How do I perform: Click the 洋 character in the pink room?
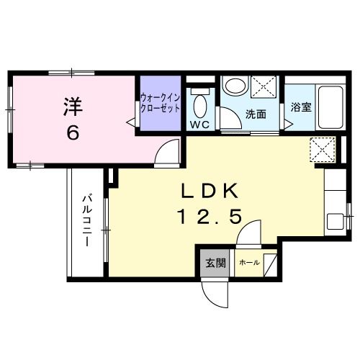point(72,105)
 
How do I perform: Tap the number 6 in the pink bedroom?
point(72,132)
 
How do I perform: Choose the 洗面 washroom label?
point(256,113)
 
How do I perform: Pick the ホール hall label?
point(249,262)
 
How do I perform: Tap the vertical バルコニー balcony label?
point(86,219)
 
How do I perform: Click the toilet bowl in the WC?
point(199,106)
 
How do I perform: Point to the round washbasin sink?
point(235,86)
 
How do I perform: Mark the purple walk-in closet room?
point(161,104)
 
